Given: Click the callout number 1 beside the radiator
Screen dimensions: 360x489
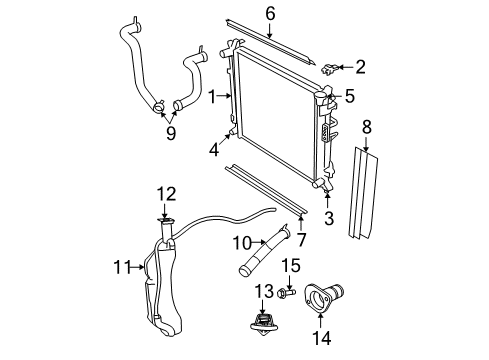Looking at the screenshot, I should tap(211, 95).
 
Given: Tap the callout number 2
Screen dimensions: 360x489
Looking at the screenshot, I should tap(360, 67).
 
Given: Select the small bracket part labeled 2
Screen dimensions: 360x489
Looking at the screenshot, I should tap(331, 69).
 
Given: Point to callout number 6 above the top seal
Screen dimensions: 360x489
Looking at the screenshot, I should tap(269, 12).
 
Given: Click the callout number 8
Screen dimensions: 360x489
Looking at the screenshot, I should tap(366, 126).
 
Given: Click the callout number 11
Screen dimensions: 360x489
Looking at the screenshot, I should tap(121, 267).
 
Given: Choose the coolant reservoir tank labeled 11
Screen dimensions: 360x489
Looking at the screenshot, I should tap(160, 285).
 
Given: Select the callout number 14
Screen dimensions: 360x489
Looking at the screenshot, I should tap(321, 339).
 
